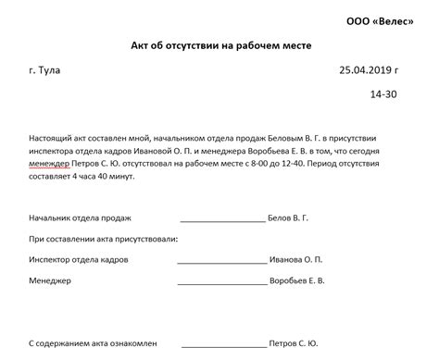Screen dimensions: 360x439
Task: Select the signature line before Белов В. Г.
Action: (x=221, y=222)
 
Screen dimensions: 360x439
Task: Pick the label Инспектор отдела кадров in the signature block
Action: (x=79, y=259)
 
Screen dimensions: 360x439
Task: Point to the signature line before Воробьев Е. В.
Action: (x=221, y=282)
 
